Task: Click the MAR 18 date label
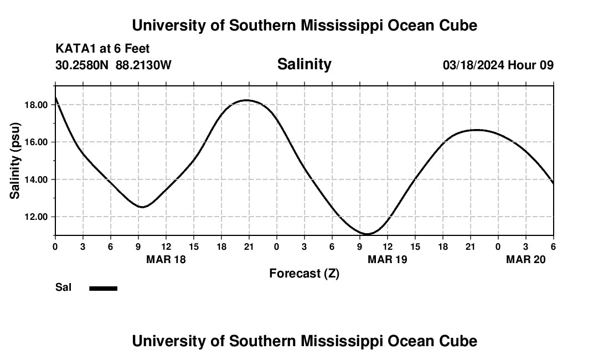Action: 166,260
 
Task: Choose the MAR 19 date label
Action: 387,260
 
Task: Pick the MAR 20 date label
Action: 525,260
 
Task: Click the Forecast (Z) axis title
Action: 304,274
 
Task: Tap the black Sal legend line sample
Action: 103,288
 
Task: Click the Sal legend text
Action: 63,287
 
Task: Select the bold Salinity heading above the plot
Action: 304,64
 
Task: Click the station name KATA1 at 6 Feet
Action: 102,49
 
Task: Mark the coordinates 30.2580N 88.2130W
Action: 113,65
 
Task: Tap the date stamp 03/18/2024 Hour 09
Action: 498,65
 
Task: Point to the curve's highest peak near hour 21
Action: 247,100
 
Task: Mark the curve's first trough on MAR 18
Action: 143,207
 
